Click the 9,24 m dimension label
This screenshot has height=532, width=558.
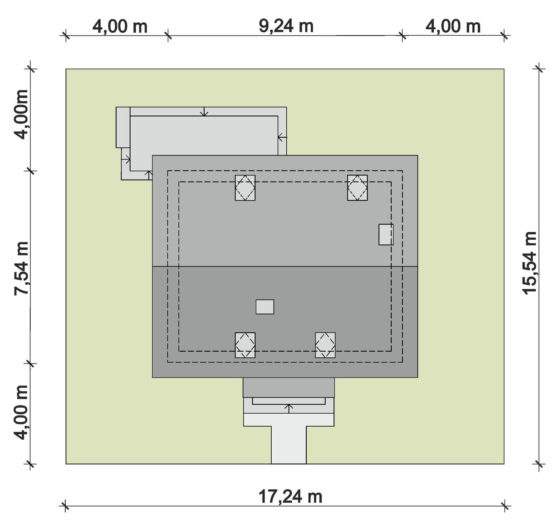[286, 27]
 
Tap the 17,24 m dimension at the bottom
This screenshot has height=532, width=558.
[290, 497]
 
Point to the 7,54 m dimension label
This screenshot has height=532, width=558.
[22, 269]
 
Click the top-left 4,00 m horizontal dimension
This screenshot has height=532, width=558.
[120, 27]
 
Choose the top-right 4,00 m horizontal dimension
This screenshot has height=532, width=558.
[453, 27]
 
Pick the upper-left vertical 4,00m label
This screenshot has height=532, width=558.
[22, 114]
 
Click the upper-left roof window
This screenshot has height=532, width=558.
[245, 188]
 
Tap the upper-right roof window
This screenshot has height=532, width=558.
[357, 188]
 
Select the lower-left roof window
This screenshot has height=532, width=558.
[245, 345]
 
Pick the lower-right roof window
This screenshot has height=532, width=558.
[325, 345]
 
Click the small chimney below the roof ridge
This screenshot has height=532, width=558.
[265, 307]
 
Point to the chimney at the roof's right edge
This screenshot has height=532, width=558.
[386, 234]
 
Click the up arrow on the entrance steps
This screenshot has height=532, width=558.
[289, 409]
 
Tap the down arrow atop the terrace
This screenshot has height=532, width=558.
[204, 112]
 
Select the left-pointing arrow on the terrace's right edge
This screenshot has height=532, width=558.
[282, 137]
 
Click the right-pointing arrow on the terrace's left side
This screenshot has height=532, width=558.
[126, 159]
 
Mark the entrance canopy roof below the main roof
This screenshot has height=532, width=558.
[289, 387]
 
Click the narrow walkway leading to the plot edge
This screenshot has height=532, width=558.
[289, 445]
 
